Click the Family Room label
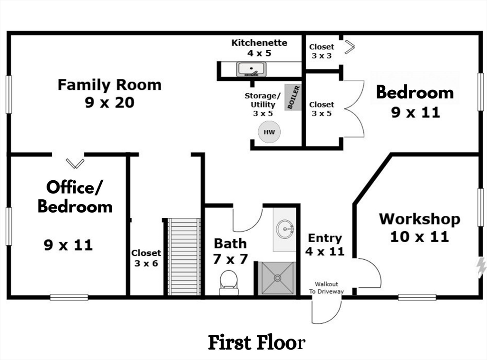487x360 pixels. point(109,93)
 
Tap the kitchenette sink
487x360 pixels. point(252,69)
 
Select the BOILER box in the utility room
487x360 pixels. point(293,97)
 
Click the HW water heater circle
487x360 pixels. point(269,132)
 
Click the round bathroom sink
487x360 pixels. point(286,229)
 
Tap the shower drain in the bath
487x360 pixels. point(278,278)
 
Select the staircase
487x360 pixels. point(184,257)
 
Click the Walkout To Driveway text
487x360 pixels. point(326,288)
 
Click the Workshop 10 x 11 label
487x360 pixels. point(419,227)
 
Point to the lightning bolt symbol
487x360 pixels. point(481,267)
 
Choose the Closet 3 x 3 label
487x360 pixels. point(321,51)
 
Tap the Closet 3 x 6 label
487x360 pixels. point(146,258)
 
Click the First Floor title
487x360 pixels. point(256,342)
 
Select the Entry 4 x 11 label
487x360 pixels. point(325,244)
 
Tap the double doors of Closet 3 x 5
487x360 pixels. point(353,109)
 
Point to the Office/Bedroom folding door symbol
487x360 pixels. point(75,163)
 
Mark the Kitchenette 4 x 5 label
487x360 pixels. point(259,48)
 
